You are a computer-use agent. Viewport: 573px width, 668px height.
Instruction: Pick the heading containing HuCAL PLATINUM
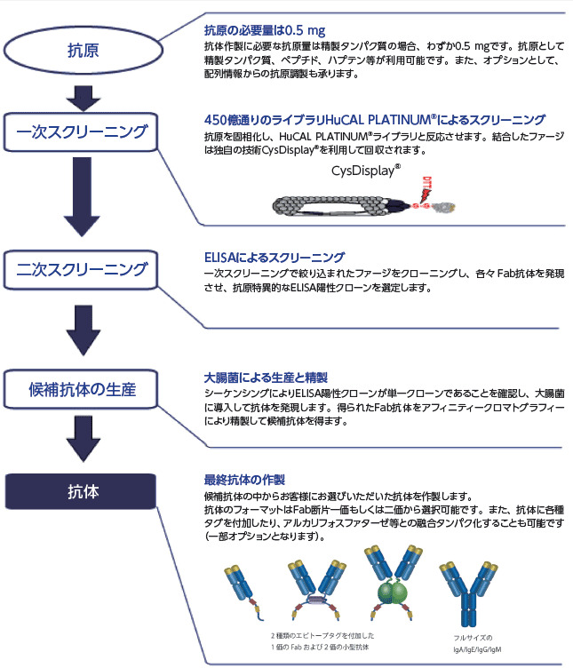click(374, 119)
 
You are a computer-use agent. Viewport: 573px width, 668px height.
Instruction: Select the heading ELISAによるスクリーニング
click(275, 258)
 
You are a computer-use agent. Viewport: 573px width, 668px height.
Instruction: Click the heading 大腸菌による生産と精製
click(258, 377)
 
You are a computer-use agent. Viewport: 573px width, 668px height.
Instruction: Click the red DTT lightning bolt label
click(429, 187)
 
